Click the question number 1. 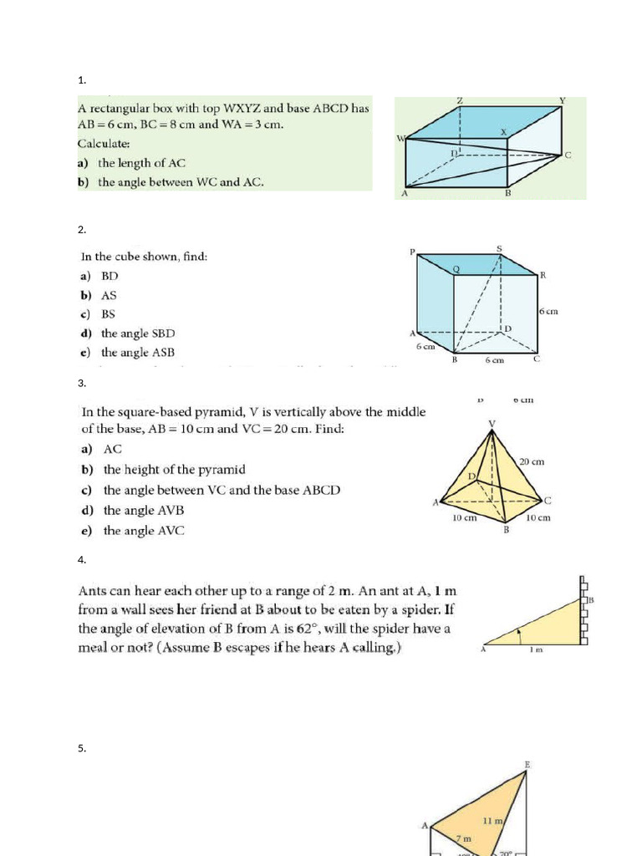(81, 80)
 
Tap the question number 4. (81, 559)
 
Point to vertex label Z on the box (460, 101)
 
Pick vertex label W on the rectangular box (400, 139)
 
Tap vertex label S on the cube (500, 248)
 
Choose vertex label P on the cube (412, 252)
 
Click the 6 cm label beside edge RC (548, 311)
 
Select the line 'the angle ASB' (138, 353)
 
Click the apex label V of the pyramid (492, 423)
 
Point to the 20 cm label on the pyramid (532, 461)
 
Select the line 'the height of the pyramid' (174, 470)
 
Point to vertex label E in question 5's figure (527, 765)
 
